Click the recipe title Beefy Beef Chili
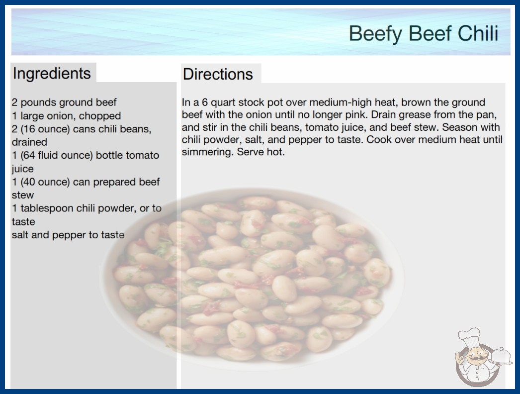coord(424,33)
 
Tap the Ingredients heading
coord(52,73)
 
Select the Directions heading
coord(218,74)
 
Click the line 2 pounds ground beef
coord(64,102)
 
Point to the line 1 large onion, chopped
coord(66,115)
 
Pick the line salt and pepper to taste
coord(68,235)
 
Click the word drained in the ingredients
coord(29,142)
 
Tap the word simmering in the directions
coord(207,152)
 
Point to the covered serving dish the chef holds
coord(500,357)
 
